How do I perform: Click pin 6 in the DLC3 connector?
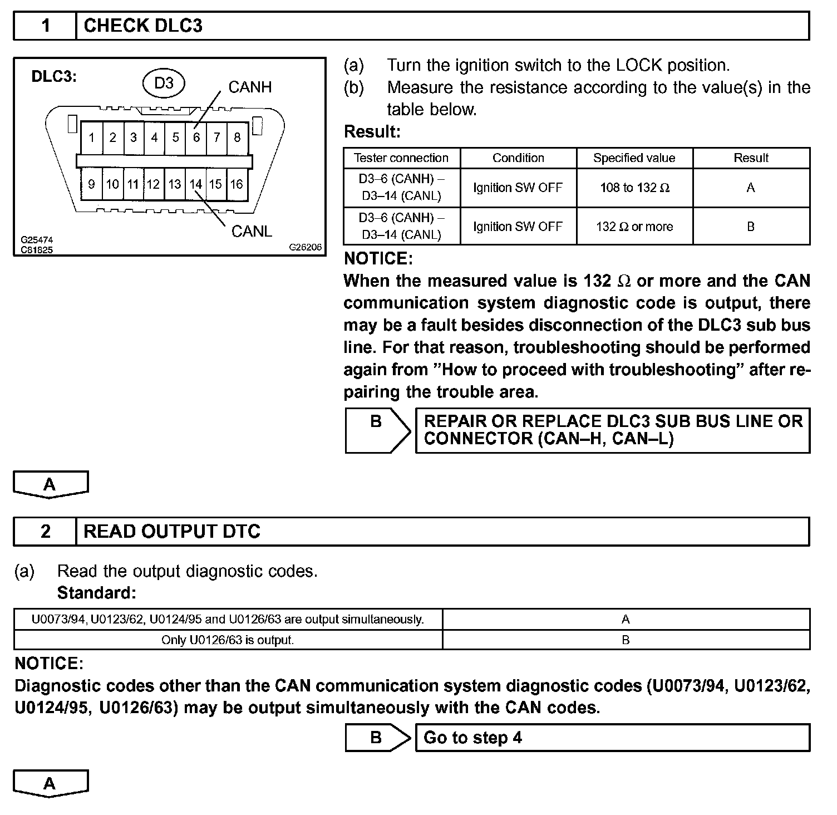(196, 138)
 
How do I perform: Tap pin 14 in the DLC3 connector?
(195, 184)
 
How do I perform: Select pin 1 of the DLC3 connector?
(92, 138)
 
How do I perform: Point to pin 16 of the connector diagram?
(237, 184)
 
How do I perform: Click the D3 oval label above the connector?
(164, 84)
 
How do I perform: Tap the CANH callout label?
(250, 87)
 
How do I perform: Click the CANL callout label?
(252, 232)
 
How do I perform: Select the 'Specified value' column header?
(634, 158)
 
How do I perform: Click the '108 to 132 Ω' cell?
(634, 188)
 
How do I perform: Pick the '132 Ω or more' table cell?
(634, 227)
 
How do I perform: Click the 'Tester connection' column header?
(401, 158)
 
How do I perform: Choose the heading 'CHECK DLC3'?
(143, 26)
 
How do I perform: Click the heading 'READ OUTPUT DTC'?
(172, 532)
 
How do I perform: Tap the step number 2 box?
(46, 532)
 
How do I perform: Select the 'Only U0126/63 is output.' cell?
(228, 640)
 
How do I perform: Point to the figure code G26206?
(306, 247)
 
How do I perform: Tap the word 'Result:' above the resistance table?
(372, 132)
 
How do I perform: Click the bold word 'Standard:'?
(97, 593)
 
